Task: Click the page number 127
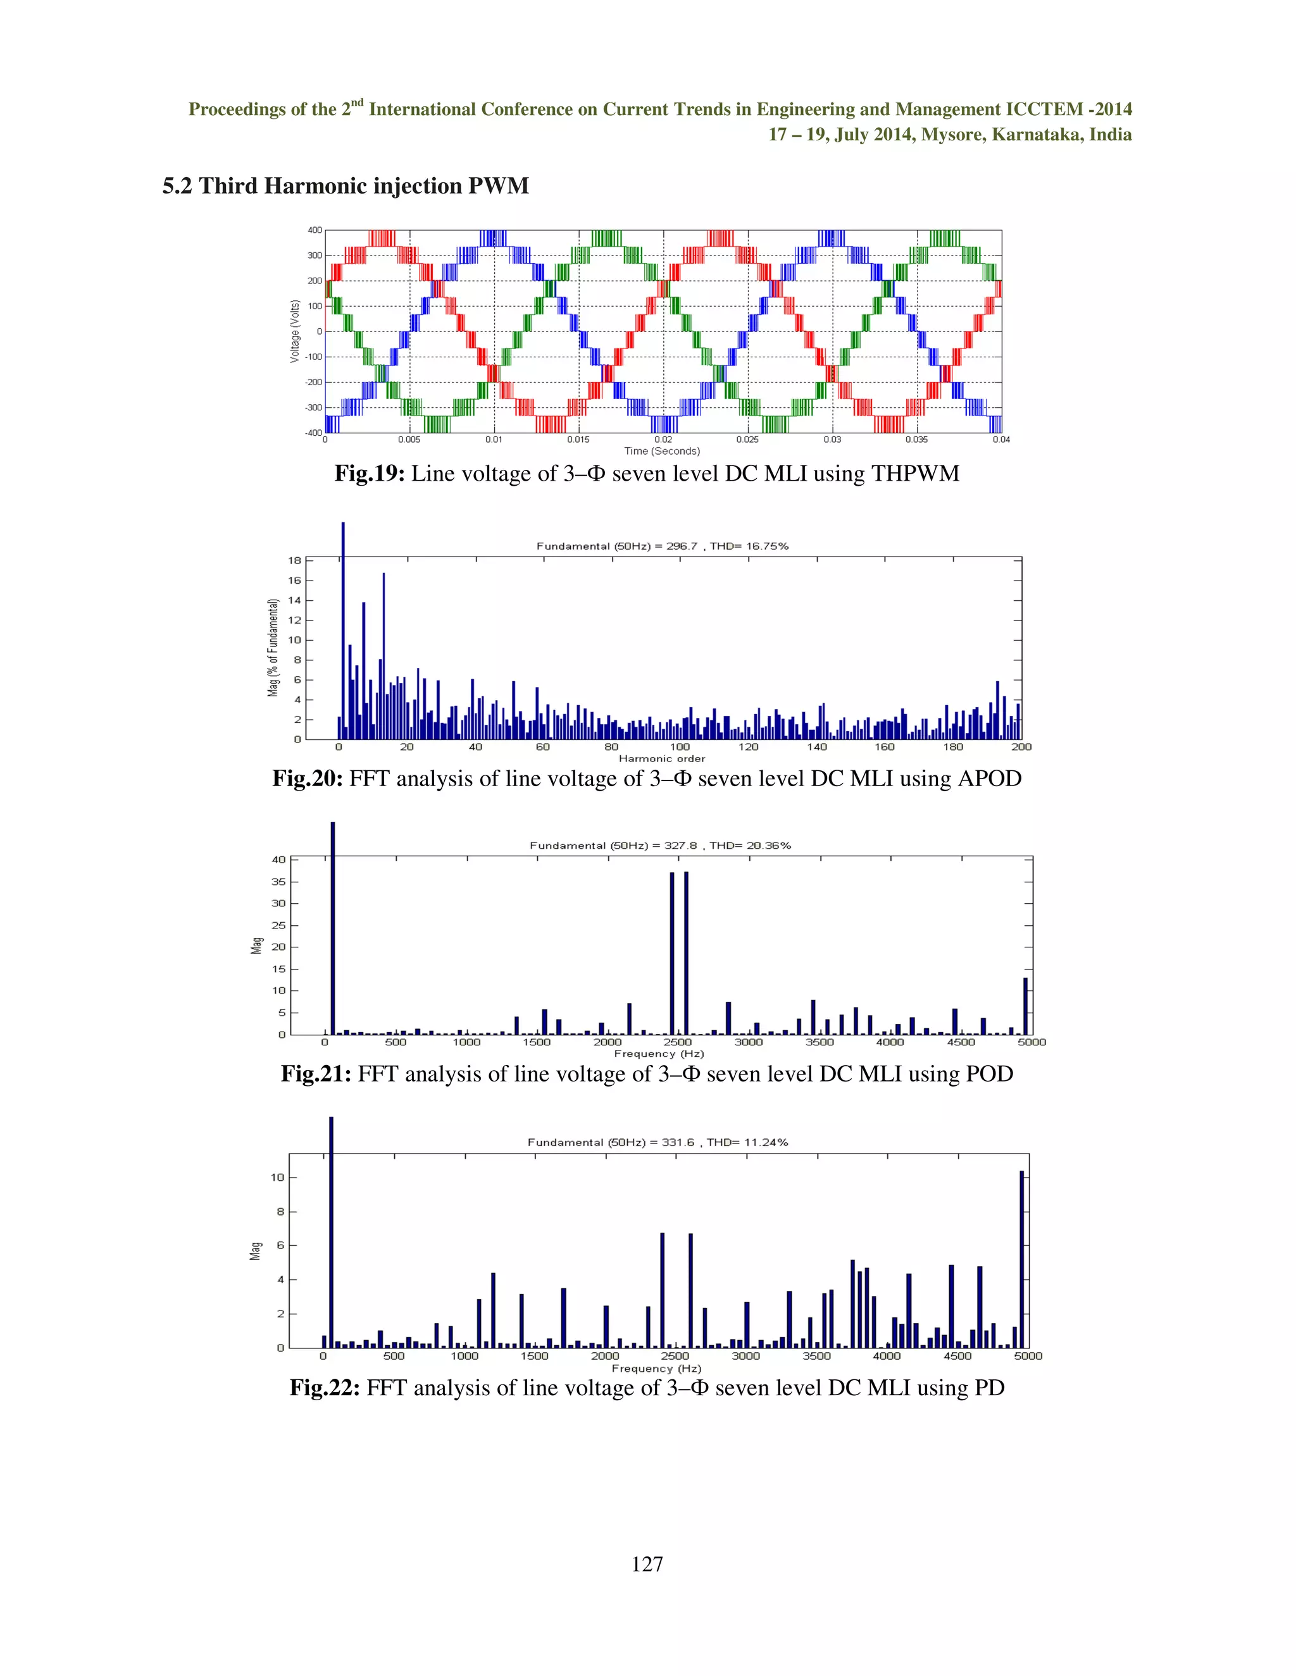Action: click(647, 1563)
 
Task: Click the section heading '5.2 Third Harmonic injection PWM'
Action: click(346, 186)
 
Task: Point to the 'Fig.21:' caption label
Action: click(316, 1074)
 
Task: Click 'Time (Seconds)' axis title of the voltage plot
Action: click(662, 451)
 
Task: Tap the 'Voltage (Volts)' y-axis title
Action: click(295, 331)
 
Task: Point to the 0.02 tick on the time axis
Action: click(663, 440)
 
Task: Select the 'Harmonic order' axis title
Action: click(662, 758)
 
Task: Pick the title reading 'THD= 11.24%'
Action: click(747, 1143)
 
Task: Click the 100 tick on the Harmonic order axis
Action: click(680, 747)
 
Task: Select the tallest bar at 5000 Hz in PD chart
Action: click(1021, 1259)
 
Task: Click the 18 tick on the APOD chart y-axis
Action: click(295, 560)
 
